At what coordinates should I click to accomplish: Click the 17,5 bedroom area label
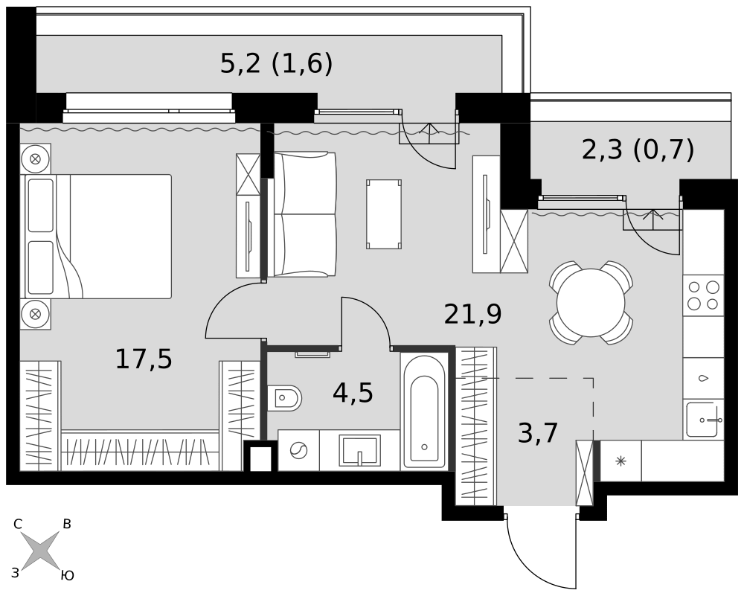(144, 359)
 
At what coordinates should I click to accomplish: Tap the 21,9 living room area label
(472, 314)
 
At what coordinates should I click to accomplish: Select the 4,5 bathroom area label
(353, 393)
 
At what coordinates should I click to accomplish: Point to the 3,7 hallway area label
(538, 433)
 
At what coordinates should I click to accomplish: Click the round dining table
(591, 303)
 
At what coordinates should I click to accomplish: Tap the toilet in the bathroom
(284, 398)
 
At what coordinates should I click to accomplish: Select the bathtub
(424, 411)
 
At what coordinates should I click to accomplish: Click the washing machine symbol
(298, 450)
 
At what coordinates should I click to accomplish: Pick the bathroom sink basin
(359, 450)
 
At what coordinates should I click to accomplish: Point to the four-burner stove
(703, 295)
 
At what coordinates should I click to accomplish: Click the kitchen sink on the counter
(704, 420)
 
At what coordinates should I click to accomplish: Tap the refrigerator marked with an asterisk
(620, 461)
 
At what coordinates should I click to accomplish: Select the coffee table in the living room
(384, 214)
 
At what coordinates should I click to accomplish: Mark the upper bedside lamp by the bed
(35, 158)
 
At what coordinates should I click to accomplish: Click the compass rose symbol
(41, 551)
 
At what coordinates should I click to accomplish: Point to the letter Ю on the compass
(68, 576)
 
